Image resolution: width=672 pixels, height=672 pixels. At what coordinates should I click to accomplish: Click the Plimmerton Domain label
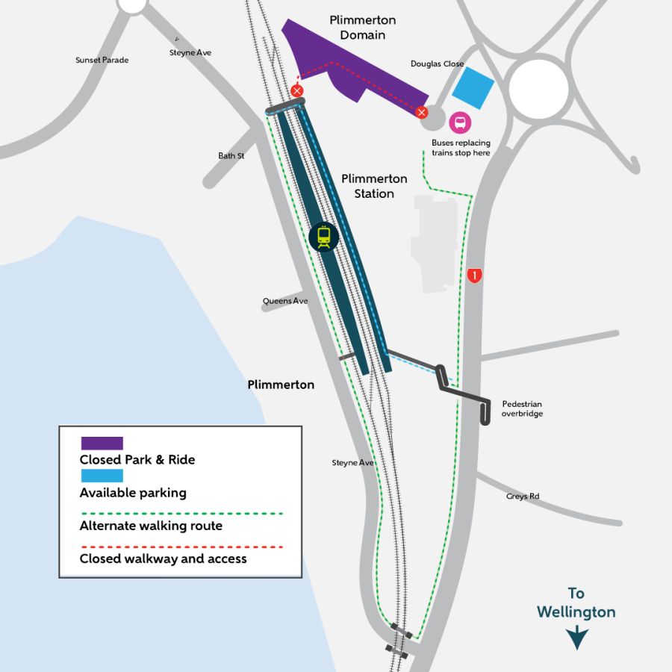363,28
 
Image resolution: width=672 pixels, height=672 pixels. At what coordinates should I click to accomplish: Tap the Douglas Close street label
437,64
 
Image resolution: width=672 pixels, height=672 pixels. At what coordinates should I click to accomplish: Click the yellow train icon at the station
323,237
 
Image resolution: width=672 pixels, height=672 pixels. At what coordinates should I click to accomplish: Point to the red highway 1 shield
473,276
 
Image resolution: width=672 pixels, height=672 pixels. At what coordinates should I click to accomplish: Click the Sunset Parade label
102,60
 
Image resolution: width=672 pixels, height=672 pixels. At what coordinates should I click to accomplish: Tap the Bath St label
231,156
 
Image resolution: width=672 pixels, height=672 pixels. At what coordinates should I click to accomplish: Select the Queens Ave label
285,302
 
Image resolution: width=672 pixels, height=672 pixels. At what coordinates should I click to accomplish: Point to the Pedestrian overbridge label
522,408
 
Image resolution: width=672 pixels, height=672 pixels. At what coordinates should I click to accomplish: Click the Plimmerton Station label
374,186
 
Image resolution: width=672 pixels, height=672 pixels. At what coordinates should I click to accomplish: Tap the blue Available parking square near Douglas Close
473,89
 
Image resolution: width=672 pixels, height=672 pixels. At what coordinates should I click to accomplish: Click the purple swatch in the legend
102,444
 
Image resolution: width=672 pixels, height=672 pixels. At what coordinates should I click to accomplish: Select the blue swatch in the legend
102,476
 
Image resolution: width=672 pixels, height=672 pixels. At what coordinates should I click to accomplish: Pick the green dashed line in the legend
181,514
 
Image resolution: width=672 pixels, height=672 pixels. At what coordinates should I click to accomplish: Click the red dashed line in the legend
181,547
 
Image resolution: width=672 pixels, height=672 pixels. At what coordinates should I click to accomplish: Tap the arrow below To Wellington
576,638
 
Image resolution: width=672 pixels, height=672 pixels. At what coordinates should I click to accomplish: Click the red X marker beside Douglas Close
422,113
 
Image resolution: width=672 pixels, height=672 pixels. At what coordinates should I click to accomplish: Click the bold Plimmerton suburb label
281,385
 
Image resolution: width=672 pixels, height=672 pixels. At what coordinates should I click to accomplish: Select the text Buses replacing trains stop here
461,148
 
